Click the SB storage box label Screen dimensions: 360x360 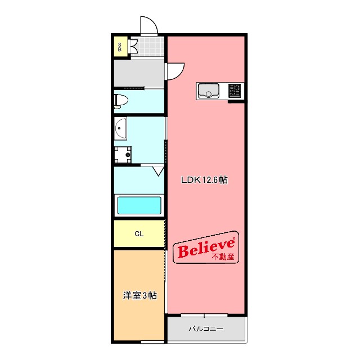coord(120,47)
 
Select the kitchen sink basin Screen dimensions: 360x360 coord(209,90)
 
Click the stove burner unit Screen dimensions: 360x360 coord(235,91)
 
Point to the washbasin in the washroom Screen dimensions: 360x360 coord(120,128)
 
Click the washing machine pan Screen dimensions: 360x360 coord(123,155)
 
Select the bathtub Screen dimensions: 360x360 coord(139,205)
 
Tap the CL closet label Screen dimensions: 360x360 coord(139,234)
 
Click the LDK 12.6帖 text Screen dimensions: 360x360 coord(204,180)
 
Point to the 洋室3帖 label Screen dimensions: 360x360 coord(140,295)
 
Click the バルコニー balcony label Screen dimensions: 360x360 coord(206,329)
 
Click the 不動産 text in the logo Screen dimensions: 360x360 coord(223,256)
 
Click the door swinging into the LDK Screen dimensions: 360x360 coord(175,71)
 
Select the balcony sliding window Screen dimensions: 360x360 coord(204,315)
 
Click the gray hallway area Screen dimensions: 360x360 coord(139,73)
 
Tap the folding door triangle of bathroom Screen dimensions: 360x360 coord(159,172)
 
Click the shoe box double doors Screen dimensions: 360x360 coord(134,46)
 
